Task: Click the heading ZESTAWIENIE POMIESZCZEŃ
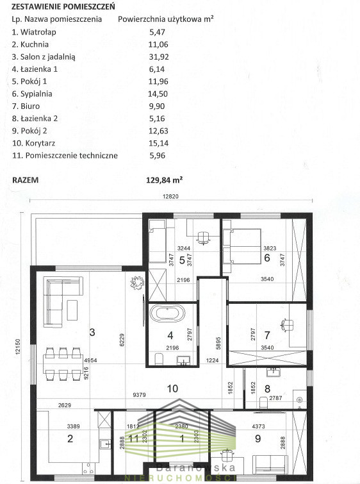pos(63,6)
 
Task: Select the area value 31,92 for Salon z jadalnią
pos(159,57)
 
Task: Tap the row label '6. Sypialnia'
pos(32,94)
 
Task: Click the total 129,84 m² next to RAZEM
pos(164,180)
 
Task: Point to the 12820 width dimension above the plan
pos(170,196)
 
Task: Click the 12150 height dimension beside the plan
pos(17,346)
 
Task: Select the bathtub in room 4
pos(167,313)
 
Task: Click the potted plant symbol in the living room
pos(137,283)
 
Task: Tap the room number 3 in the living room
pos(92,332)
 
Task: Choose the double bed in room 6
pos(242,246)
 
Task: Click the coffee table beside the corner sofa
pos(72,310)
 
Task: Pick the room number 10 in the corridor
pos(172,388)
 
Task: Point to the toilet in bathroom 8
pos(263,402)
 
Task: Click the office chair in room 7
pos(287,325)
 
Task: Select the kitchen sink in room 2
pos(105,444)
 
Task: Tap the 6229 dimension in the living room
pos(122,340)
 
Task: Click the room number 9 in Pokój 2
pos(258,438)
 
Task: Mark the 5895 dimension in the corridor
pos(219,343)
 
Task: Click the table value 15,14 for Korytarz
pos(158,143)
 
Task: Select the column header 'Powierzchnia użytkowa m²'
pos(166,19)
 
